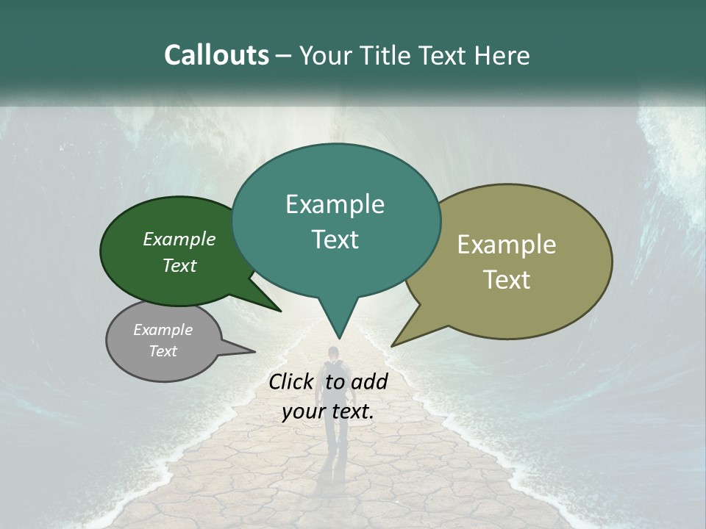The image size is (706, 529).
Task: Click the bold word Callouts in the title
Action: [216, 55]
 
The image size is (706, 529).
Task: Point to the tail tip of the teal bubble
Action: [339, 337]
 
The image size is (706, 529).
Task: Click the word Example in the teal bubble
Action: [335, 204]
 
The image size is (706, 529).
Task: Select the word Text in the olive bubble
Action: [507, 279]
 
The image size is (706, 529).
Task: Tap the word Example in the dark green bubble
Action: [179, 239]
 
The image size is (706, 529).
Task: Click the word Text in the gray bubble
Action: [163, 350]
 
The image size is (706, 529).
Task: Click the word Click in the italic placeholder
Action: [292, 381]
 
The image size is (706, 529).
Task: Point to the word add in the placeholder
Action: [369, 381]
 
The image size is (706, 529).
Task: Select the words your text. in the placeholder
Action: [328, 411]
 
